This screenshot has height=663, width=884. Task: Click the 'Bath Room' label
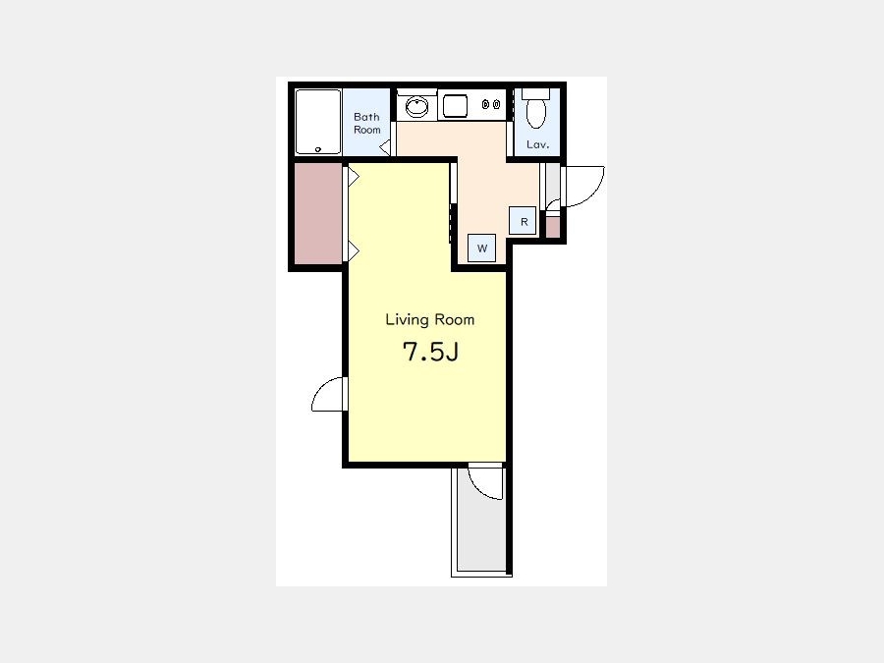tap(366, 123)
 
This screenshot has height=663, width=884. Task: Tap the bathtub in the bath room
tap(318, 121)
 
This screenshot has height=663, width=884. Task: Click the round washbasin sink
tap(416, 106)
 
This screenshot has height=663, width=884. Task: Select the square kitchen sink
tap(455, 106)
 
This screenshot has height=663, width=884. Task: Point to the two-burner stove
tap(491, 104)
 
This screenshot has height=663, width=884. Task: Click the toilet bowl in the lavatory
tap(535, 108)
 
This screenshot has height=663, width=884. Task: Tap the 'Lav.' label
tap(537, 145)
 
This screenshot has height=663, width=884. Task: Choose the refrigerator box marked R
tap(523, 220)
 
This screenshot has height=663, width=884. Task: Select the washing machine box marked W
tap(482, 249)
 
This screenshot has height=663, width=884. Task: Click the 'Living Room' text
tap(429, 319)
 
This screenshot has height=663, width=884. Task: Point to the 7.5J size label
tap(430, 352)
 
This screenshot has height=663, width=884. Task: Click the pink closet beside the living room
tap(318, 213)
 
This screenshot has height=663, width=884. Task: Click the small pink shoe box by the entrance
tap(553, 227)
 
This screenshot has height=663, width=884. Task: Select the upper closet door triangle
tap(354, 177)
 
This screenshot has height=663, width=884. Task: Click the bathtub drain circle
tap(318, 149)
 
